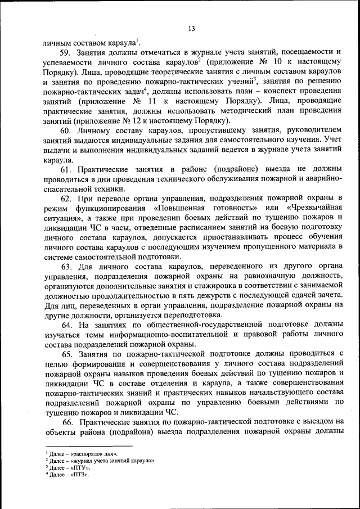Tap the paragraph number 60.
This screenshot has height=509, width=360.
click(67, 130)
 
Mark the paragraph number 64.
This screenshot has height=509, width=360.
click(67, 325)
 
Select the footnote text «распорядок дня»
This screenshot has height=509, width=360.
click(91, 453)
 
